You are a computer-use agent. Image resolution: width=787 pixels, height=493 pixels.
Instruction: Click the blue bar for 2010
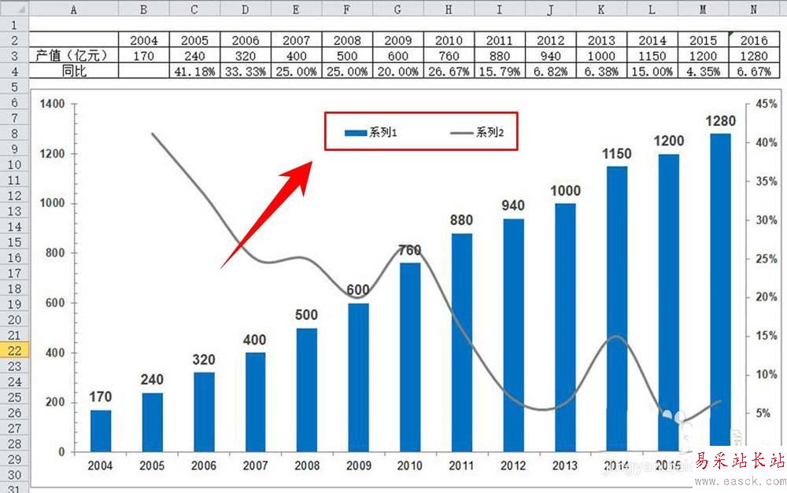(411, 358)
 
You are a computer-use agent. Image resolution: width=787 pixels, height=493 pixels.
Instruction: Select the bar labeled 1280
(720, 291)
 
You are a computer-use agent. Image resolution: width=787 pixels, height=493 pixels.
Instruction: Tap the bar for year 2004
(101, 430)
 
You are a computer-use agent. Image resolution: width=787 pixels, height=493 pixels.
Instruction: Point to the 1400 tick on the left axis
(54, 104)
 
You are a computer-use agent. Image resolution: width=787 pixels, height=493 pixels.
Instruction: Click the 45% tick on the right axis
(765, 104)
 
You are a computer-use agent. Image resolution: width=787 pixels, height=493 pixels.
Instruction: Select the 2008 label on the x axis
(306, 466)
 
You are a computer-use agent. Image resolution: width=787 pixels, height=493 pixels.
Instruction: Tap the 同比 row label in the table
(73, 71)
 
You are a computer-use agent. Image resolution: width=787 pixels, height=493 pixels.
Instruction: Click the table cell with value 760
(449, 56)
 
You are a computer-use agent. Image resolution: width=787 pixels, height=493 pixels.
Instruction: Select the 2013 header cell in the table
(601, 40)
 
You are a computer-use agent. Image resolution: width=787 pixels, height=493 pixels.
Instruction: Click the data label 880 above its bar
(462, 221)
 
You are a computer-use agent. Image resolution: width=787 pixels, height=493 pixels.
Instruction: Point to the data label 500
(306, 315)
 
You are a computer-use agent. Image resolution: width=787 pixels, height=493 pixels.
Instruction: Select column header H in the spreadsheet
(449, 9)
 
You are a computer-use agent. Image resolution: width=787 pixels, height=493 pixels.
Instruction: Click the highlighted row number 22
(14, 351)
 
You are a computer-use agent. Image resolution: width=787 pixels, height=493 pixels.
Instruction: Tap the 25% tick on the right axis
(765, 259)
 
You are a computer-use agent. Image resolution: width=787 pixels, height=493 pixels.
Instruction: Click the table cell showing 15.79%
(500, 71)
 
